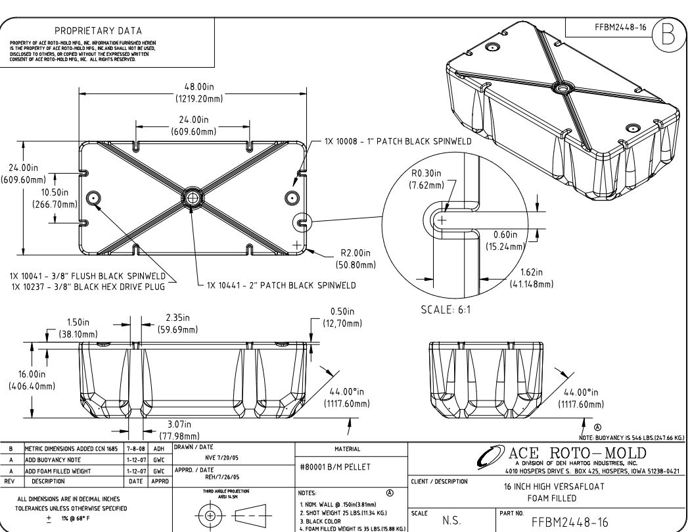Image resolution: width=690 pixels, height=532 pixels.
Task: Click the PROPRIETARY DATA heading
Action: [x=108, y=30]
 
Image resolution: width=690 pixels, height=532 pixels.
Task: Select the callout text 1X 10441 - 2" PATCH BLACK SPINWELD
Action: [x=281, y=286]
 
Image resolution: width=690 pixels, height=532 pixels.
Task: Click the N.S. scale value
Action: [x=451, y=520]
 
